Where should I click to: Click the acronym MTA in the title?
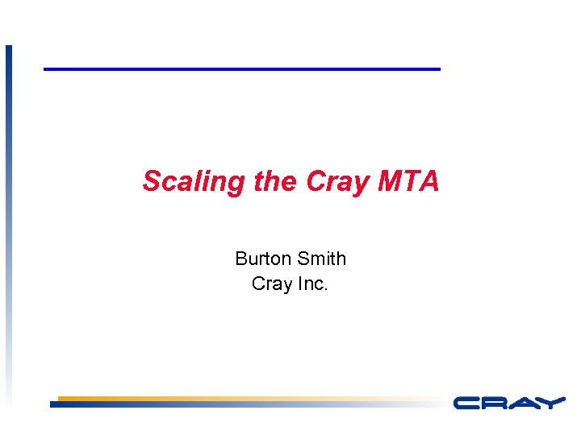tap(408, 181)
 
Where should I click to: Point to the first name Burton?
tap(263, 259)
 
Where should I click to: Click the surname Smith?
tap(321, 259)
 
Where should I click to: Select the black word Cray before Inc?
tap(270, 284)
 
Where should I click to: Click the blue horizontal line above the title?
tap(242, 69)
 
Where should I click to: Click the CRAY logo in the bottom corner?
tap(508, 402)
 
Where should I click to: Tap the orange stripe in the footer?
tap(202, 398)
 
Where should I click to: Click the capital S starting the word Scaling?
tap(151, 181)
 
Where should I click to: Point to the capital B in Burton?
tap(240, 259)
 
